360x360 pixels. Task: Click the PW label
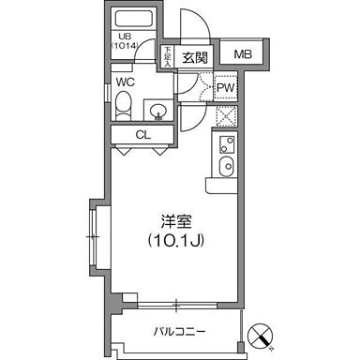click(225, 88)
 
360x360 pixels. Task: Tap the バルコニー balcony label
click(179, 331)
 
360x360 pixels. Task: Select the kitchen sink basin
click(225, 167)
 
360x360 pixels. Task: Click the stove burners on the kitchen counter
click(225, 144)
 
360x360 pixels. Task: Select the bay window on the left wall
click(97, 234)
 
